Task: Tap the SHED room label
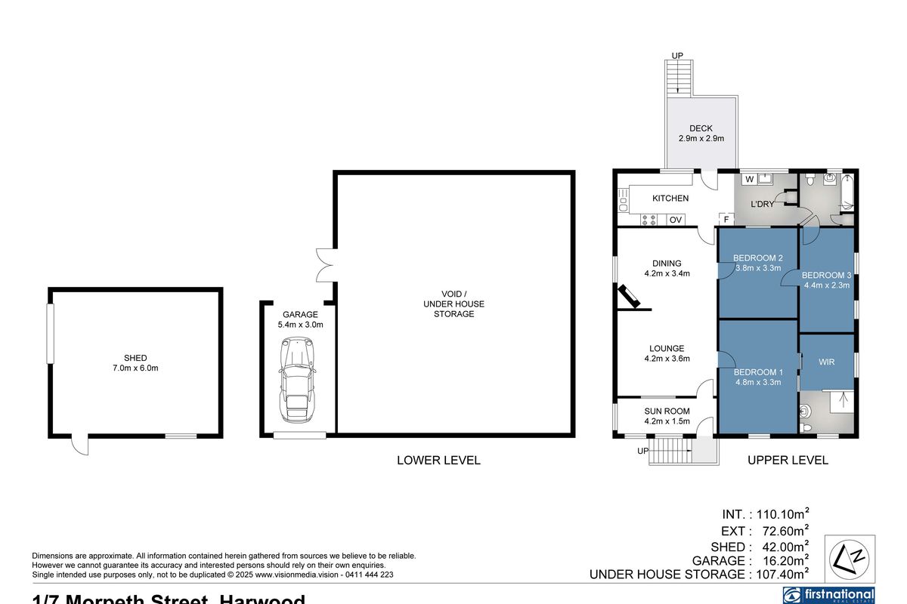pyautogui.click(x=136, y=358)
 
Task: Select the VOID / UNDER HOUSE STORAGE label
pyautogui.click(x=453, y=304)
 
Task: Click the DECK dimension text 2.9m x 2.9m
pyautogui.click(x=701, y=139)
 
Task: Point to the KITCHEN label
pyautogui.click(x=670, y=199)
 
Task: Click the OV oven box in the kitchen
pyautogui.click(x=676, y=220)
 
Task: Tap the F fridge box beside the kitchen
pyautogui.click(x=726, y=220)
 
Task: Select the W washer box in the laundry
pyautogui.click(x=749, y=180)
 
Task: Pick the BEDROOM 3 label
pyautogui.click(x=827, y=275)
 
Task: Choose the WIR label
pyautogui.click(x=827, y=362)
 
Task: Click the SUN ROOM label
pyautogui.click(x=667, y=411)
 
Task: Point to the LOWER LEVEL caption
pyautogui.click(x=438, y=460)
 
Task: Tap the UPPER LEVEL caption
pyautogui.click(x=788, y=460)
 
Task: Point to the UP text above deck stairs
pyautogui.click(x=677, y=56)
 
